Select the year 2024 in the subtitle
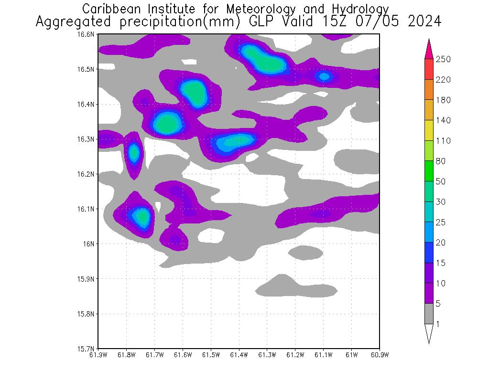point(424,22)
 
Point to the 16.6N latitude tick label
point(87,34)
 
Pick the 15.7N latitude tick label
point(87,349)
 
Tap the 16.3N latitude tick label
point(87,139)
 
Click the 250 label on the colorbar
point(443,59)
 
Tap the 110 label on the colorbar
point(443,141)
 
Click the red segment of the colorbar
point(429,69)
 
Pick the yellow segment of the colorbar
point(429,130)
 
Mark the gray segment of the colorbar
point(429,314)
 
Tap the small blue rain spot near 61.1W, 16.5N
point(324,76)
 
